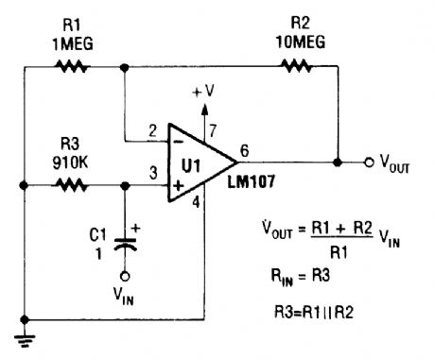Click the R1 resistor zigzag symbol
[x=72, y=67]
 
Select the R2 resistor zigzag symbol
[x=293, y=67]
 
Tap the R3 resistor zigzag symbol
[x=72, y=186]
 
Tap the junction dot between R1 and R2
[x=125, y=67]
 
